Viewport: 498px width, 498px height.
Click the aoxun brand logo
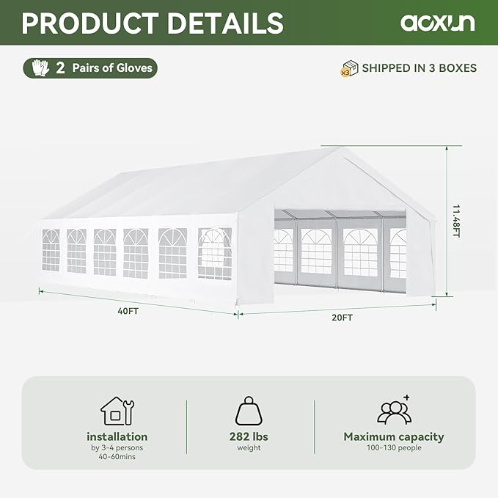437,22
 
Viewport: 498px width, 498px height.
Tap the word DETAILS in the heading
224,22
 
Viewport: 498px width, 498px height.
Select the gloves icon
40,68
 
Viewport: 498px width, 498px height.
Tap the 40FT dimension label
128,310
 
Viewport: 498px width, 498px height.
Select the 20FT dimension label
342,318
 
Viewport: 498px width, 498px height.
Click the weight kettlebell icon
249,411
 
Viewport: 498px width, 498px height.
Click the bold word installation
117,436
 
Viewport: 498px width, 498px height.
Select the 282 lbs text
249,436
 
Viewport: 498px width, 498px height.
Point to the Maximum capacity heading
394,436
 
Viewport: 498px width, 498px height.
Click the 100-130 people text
394,447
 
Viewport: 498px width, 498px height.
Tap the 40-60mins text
117,457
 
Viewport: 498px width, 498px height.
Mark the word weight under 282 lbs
249,447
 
